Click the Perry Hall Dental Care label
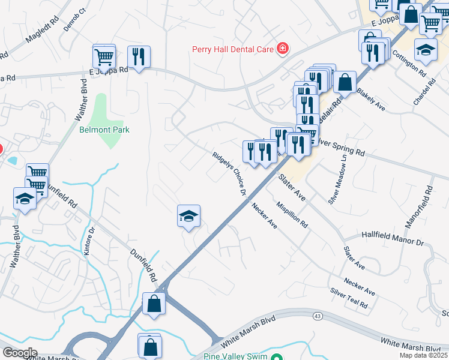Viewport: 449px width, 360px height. tap(233, 49)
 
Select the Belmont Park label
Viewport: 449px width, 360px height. tap(104, 130)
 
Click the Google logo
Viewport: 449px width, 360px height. tap(20, 353)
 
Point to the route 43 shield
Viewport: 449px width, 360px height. tap(316, 315)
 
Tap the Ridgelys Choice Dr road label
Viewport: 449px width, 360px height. tap(229, 173)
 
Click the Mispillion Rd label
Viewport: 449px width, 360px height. tap(292, 214)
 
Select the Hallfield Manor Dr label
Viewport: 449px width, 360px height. tap(393, 238)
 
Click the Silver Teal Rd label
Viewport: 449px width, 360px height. tap(349, 298)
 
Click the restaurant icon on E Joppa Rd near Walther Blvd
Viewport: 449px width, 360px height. tap(139, 56)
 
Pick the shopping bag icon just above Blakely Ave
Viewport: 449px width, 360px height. tap(345, 82)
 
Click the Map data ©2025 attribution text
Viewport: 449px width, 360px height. tap(424, 355)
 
